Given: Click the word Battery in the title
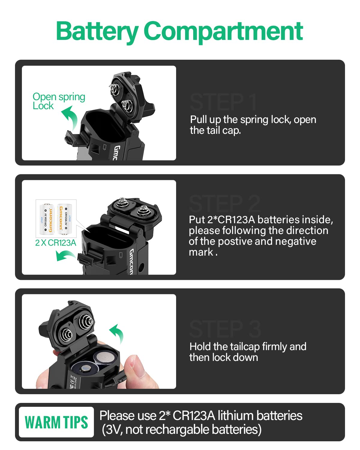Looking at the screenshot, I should [x=97, y=31].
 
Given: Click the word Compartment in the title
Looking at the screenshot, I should [x=223, y=31].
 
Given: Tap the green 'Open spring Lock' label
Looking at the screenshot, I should [x=58, y=101].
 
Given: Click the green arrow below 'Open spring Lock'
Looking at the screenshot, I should [x=70, y=117].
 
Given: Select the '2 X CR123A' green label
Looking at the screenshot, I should [x=55, y=243].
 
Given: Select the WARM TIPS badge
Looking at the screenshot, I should [x=56, y=422].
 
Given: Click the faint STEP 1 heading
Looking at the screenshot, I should [x=223, y=102].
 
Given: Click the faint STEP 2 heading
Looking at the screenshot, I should [x=224, y=203].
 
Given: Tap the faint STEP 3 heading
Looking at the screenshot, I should [x=225, y=329].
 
